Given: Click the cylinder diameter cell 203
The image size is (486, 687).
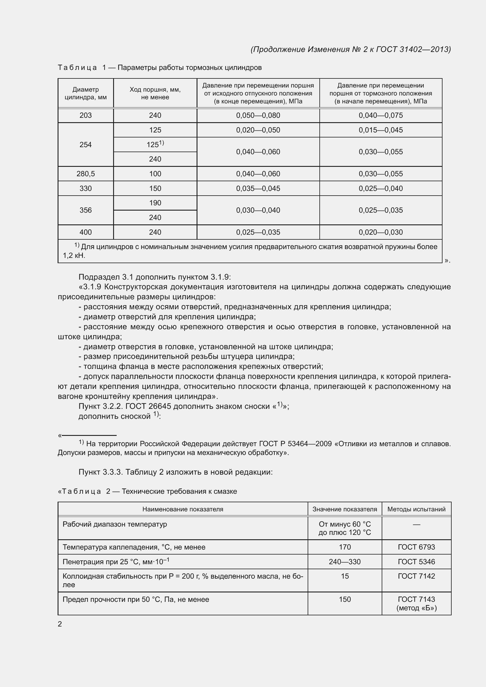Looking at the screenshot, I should pos(86,115).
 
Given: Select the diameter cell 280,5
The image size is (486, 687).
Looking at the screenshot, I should pos(86,174).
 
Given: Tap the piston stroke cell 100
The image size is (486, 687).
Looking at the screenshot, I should pos(155,174).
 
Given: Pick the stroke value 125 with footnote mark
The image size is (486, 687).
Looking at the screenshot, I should pos(155,145).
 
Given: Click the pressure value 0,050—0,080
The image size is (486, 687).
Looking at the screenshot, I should pos(258,115).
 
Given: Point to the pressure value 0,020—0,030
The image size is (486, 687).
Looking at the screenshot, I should pos(381,232).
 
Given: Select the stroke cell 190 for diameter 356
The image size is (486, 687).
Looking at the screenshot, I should pos(155,203).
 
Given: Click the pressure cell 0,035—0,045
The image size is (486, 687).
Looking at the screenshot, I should pos(258,189).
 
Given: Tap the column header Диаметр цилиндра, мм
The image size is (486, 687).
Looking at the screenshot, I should pos(86,93).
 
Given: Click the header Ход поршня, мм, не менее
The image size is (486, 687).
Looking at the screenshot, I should pos(155,93).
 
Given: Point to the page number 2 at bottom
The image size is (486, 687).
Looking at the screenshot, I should pos(60,624).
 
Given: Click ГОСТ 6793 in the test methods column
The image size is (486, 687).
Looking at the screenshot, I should pos(416,547).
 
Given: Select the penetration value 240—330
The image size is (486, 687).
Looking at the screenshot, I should pos(345,562).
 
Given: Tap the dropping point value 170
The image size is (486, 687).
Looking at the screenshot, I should pos(345,547).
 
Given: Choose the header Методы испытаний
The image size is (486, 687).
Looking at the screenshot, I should pos(416,509).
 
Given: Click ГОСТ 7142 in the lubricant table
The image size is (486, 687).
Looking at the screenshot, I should pos(416,576).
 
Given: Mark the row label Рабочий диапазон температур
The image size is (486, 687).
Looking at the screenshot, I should pos(115,524).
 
